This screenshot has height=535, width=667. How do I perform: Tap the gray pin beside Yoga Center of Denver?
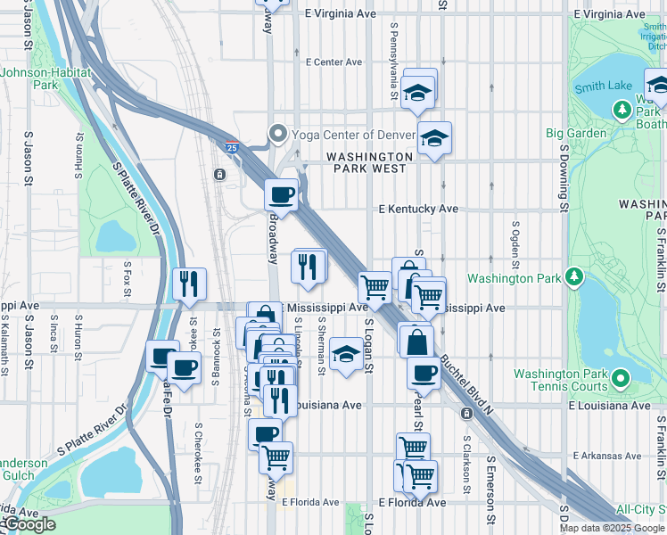point(277,136)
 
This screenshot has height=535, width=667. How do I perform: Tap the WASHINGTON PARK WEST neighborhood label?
point(369,162)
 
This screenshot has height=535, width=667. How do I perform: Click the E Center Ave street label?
point(333,62)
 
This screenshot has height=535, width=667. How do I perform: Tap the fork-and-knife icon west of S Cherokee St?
point(189,284)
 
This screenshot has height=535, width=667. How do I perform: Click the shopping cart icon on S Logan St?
point(375,287)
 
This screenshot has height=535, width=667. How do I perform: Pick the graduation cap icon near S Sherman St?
point(346,353)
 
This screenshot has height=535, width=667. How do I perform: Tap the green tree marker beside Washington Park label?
point(576,277)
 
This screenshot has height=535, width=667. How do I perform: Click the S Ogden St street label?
point(515,245)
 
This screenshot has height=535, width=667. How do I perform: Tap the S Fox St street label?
point(128,278)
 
